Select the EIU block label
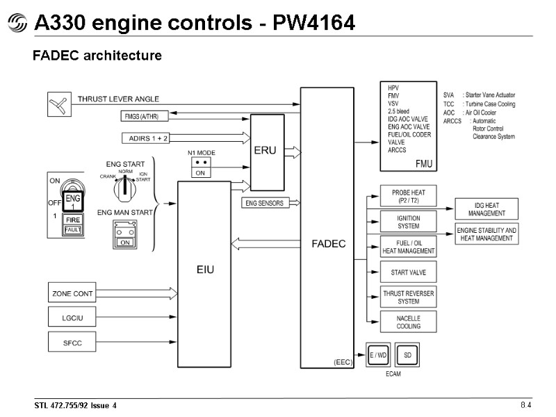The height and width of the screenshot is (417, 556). (x=204, y=268)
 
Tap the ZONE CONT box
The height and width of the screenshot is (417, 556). (x=72, y=294)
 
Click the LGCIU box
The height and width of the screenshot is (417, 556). (x=72, y=318)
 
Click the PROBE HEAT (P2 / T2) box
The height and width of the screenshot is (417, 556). (x=409, y=196)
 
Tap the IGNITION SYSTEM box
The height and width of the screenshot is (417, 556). (x=409, y=222)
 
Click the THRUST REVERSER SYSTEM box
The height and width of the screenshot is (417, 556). (x=409, y=297)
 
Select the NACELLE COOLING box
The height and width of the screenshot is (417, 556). (x=409, y=322)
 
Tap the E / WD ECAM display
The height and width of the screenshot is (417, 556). (x=378, y=355)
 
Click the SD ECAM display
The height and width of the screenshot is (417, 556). (x=407, y=355)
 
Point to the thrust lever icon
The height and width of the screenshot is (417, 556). (x=58, y=105)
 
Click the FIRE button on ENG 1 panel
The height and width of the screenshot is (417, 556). (x=73, y=220)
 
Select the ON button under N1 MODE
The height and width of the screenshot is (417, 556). (x=199, y=173)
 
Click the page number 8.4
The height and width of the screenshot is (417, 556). (x=525, y=405)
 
